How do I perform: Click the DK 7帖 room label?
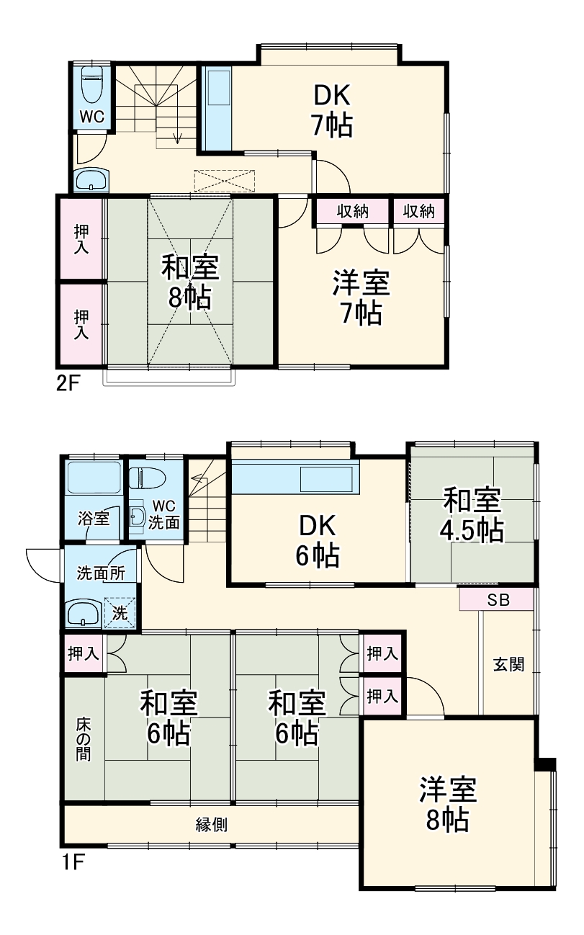332,111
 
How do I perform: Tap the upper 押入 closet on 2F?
81,238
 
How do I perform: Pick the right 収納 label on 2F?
418,211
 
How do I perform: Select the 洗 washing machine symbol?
120,612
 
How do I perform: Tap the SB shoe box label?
497,601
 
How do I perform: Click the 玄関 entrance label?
508,664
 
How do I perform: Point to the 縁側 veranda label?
212,825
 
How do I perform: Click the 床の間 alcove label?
84,738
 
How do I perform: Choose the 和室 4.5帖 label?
472,516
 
